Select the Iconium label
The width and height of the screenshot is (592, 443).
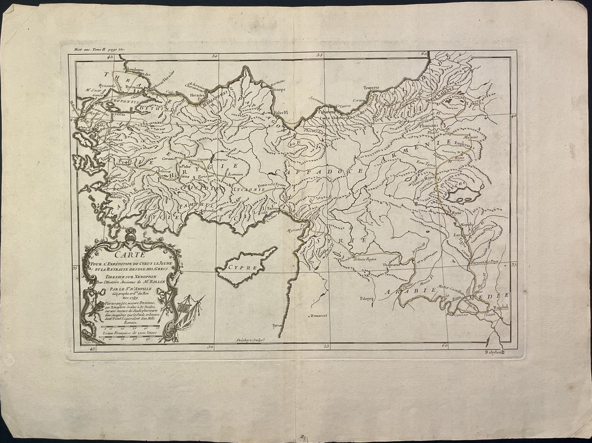pyautogui.click(x=236, y=174)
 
